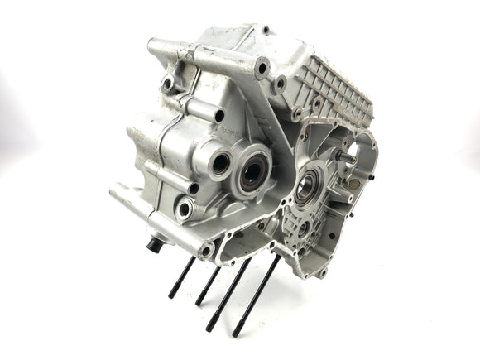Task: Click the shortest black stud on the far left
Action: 181,277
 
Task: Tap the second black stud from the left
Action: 207,285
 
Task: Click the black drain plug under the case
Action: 154,244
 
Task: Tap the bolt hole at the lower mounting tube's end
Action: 206,247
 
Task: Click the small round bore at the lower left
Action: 184,209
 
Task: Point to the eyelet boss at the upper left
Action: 168,83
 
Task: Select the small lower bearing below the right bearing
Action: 302,227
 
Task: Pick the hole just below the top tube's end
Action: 280,84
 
